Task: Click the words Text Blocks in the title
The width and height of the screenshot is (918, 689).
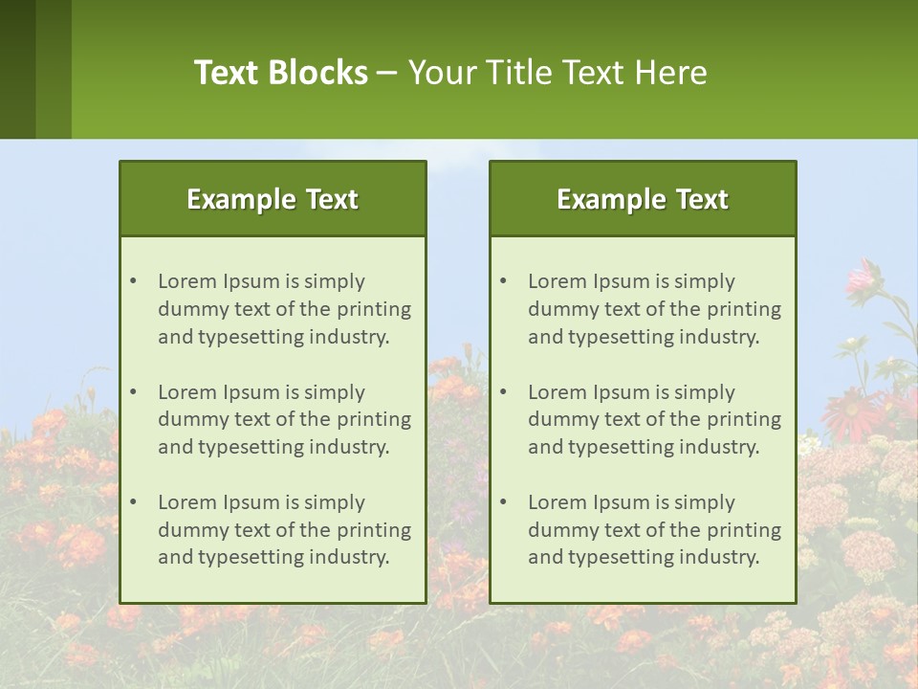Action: [x=280, y=73]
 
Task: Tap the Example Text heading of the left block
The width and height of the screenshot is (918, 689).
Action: [x=273, y=199]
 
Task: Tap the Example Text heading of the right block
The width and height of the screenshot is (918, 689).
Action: [x=643, y=199]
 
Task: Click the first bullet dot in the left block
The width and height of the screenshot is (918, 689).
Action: [x=133, y=281]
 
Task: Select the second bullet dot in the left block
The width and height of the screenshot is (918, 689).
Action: [x=133, y=392]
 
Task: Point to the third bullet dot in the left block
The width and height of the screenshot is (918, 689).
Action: [x=133, y=502]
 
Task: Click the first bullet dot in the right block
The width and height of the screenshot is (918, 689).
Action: [x=503, y=281]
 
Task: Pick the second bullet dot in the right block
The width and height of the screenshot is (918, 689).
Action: [x=503, y=392]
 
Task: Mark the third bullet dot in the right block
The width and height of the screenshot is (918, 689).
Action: [x=503, y=502]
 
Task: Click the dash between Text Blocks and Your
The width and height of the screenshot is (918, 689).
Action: [x=387, y=73]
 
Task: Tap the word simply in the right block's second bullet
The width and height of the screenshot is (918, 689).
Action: [x=704, y=392]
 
